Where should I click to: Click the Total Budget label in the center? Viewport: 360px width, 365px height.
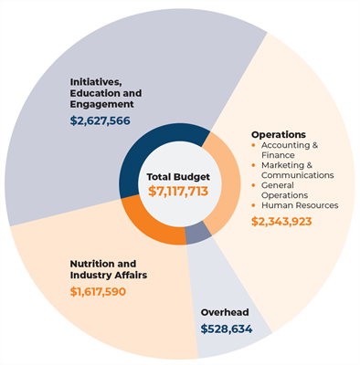(x=179, y=175)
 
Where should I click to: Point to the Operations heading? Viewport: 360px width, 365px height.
(x=279, y=133)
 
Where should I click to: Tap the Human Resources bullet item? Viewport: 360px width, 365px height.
(x=299, y=205)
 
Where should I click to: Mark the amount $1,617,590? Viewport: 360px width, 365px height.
(x=98, y=292)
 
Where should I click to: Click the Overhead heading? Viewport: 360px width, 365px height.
(x=225, y=312)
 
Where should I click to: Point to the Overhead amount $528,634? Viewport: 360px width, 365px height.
(x=226, y=328)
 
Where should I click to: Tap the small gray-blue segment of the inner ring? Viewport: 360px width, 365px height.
(x=198, y=235)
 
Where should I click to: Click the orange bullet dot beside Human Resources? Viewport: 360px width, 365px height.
(x=254, y=205)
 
